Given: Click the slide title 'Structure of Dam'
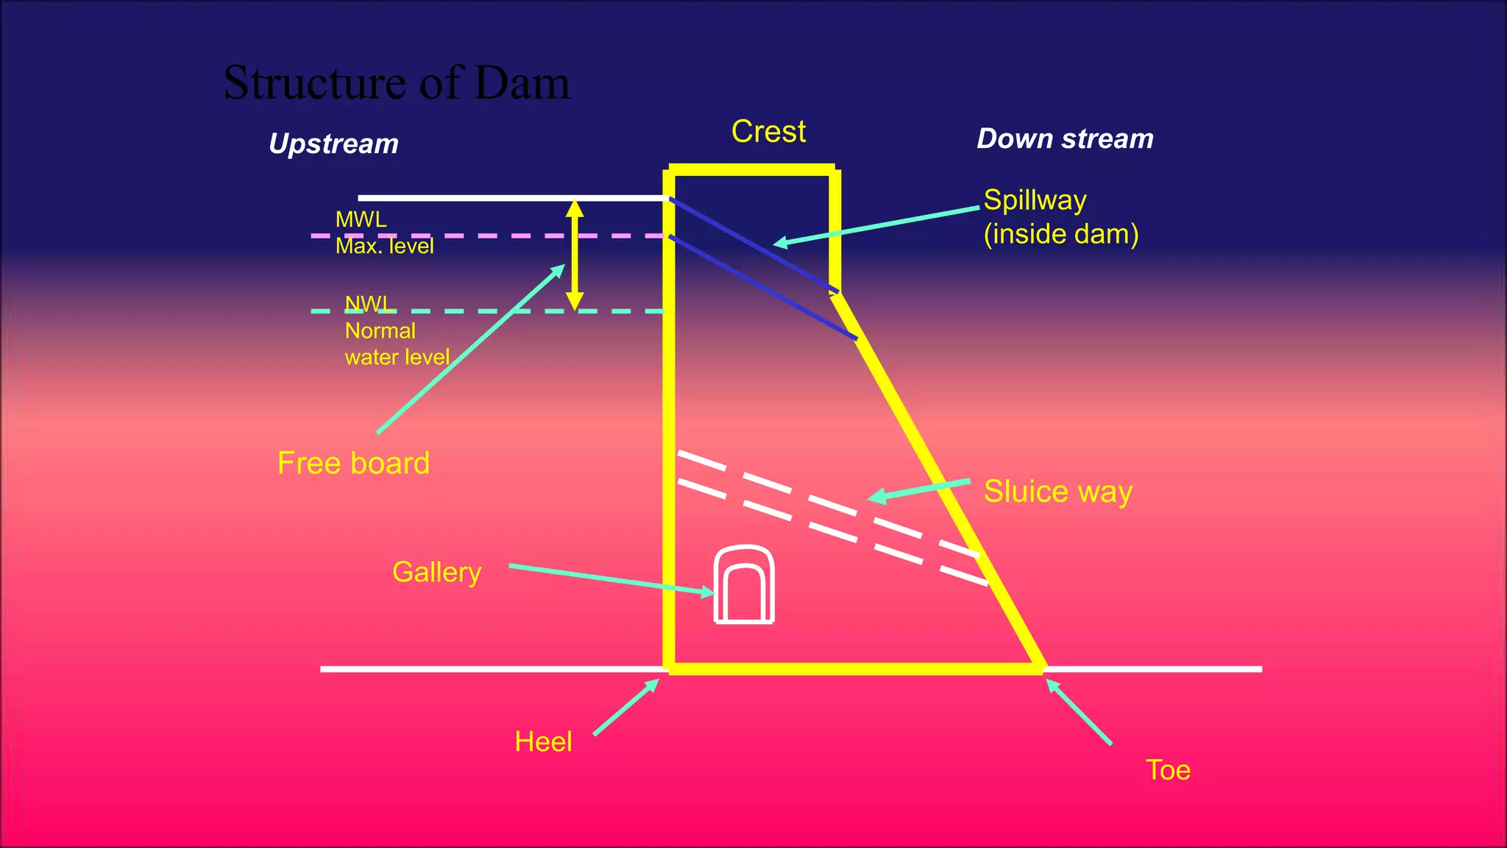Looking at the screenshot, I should click(x=397, y=82).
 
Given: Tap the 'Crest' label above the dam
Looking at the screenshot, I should click(x=768, y=132).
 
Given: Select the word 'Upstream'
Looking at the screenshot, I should click(x=333, y=144).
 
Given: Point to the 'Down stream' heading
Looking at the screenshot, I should click(x=1065, y=139).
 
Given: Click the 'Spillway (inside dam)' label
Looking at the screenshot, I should click(x=1060, y=217).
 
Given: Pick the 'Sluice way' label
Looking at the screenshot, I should click(x=1057, y=492).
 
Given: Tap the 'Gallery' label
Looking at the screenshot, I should click(x=436, y=572).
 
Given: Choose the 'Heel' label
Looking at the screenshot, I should click(x=543, y=741).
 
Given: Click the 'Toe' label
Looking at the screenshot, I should click(x=1168, y=770).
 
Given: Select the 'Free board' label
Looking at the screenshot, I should click(x=353, y=463).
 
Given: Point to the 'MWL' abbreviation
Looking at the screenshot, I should click(x=361, y=219).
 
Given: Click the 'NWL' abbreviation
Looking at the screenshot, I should click(x=369, y=303).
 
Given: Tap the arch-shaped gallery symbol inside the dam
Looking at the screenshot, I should click(x=744, y=585).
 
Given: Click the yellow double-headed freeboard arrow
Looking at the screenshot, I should click(x=575, y=255).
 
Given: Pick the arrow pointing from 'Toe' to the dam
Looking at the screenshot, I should click(x=1079, y=712).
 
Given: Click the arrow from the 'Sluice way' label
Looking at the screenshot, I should click(x=920, y=490).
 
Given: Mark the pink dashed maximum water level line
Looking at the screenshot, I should click(x=486, y=236).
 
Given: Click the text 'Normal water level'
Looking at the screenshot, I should click(x=397, y=344).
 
